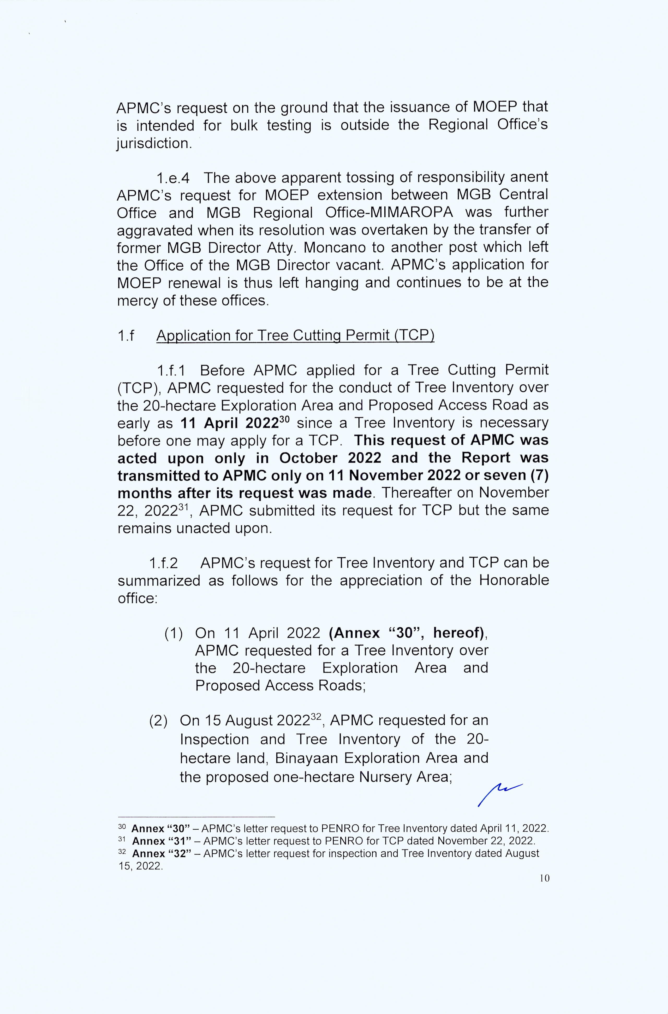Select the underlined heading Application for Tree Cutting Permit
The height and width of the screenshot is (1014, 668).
[295, 336]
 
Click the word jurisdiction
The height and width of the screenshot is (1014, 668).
[153, 143]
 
